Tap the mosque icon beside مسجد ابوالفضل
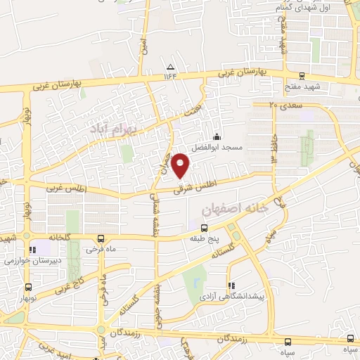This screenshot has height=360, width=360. click(x=217, y=137)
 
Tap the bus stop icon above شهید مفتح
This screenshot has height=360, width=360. click(x=302, y=77)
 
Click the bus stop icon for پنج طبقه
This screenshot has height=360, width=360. click(x=204, y=228)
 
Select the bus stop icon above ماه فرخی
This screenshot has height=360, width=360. click(x=101, y=238)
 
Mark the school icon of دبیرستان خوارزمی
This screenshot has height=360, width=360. click(x=32, y=250)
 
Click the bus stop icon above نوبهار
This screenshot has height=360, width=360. click(x=28, y=287)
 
